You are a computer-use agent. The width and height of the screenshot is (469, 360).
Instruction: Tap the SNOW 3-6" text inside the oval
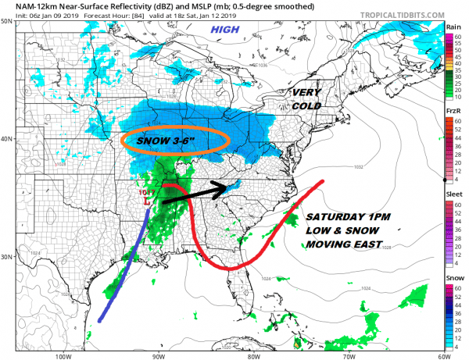point(176,140)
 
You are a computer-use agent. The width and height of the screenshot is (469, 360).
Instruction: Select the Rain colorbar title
point(453,27)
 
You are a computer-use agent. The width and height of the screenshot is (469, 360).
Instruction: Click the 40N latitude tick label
point(6,139)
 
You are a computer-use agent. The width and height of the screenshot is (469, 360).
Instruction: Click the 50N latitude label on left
point(6,21)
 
